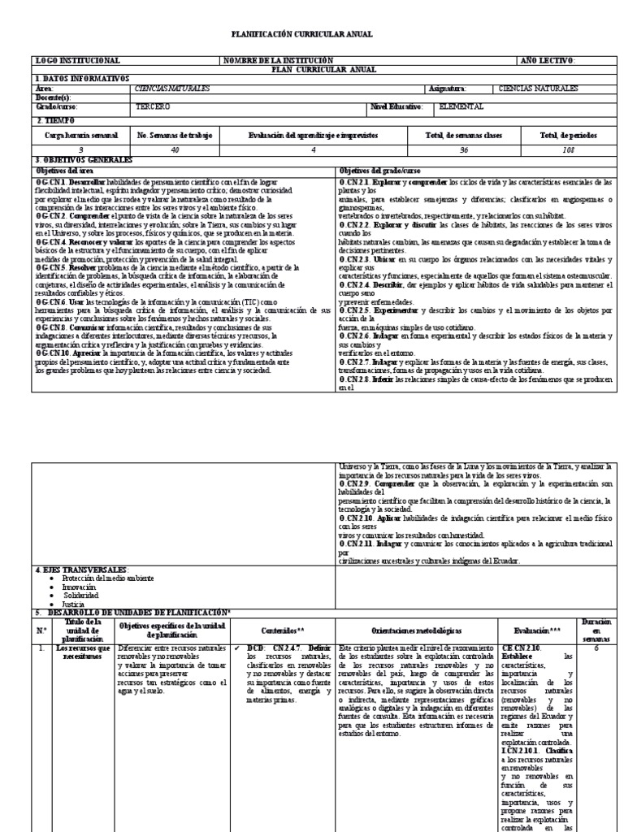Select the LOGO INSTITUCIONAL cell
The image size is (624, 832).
(78, 60)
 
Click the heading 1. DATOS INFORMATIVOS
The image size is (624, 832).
(82, 78)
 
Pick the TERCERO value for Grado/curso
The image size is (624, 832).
(153, 106)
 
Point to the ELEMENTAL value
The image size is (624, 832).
(461, 106)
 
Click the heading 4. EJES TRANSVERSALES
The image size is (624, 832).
(82, 570)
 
